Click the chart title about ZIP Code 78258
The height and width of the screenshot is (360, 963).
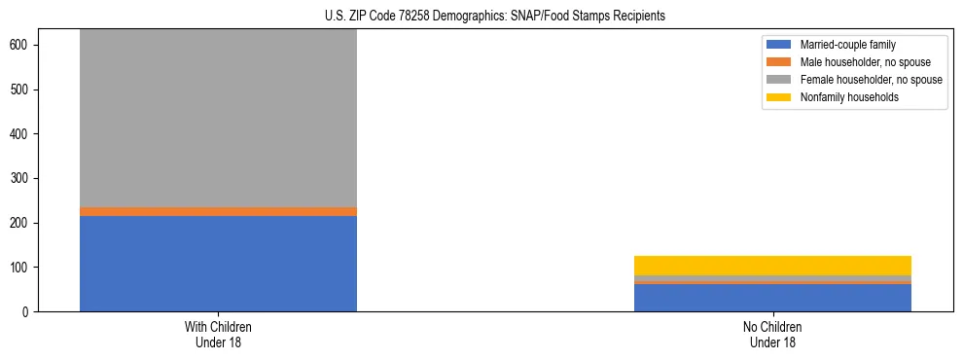(x=495, y=17)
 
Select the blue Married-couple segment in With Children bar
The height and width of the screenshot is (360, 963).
(x=218, y=263)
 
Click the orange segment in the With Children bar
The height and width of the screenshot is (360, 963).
(x=218, y=211)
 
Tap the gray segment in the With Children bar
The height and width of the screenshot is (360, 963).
(x=218, y=117)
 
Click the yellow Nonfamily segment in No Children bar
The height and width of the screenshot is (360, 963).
(x=772, y=266)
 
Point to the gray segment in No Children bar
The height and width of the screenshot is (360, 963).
(x=772, y=278)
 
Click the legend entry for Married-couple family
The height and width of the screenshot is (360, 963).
(x=847, y=45)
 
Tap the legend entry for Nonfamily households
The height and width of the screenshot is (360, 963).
(x=849, y=97)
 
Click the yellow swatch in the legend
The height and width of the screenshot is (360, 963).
(x=780, y=97)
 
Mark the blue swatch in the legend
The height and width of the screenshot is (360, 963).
(x=780, y=45)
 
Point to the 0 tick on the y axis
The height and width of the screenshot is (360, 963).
(x=31, y=312)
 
